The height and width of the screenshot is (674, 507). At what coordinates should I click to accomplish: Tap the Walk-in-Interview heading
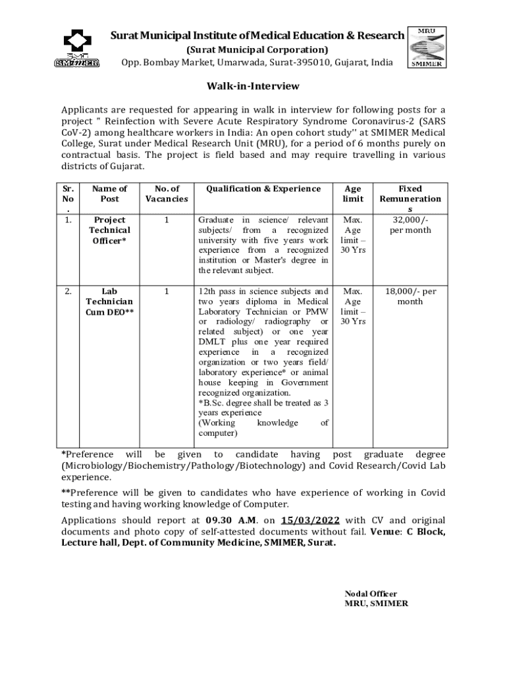[253, 86]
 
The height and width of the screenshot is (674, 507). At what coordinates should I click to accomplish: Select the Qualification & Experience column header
[263, 189]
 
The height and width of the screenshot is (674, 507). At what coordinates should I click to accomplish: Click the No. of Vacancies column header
[167, 194]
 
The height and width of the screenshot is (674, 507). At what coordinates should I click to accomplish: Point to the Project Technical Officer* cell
[109, 230]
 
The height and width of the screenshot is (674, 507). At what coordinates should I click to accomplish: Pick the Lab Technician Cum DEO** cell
[109, 301]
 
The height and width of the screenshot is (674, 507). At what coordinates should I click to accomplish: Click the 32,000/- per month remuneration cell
[410, 225]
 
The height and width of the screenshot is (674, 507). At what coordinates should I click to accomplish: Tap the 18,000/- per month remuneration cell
[410, 296]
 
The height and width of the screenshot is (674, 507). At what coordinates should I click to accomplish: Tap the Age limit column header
[353, 194]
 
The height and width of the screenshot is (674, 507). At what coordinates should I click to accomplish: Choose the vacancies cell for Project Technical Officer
[167, 220]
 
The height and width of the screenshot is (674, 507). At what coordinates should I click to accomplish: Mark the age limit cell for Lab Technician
[353, 306]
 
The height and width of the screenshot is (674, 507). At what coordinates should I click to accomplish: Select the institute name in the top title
[257, 36]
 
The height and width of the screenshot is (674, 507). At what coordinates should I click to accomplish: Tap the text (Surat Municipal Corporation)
[257, 49]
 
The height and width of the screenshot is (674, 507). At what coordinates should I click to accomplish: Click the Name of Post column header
[109, 194]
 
